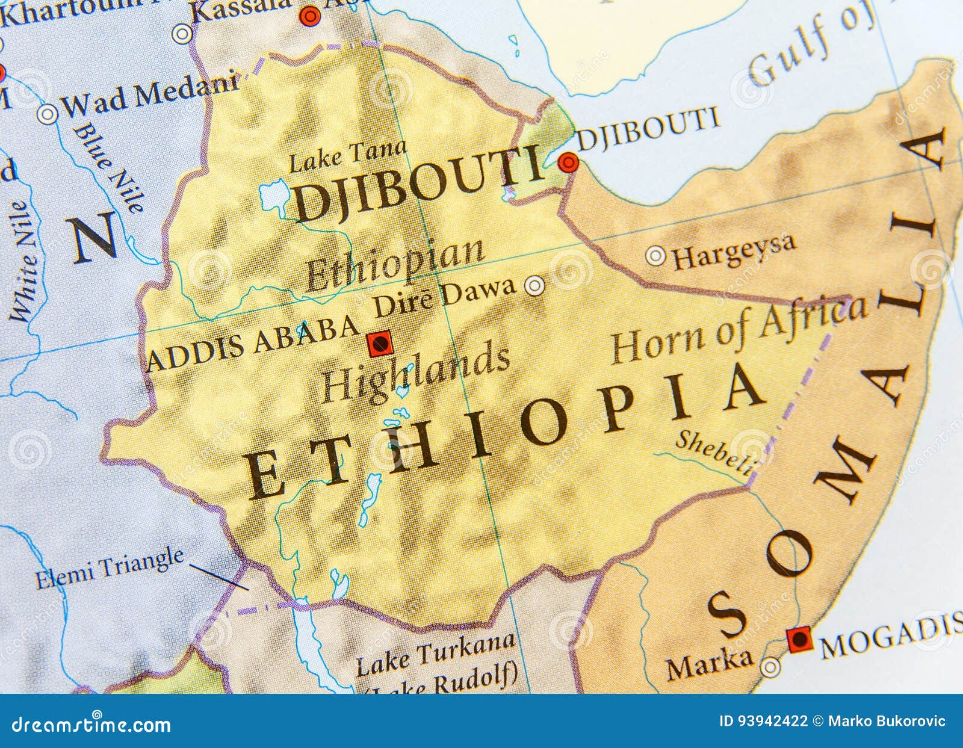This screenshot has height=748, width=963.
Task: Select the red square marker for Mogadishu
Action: pos(800,639)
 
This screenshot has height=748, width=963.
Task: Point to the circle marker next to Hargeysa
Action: pos(655,256)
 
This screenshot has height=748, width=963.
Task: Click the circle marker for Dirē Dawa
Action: pos(534,285)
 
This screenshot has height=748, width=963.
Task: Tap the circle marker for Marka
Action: pos(769,667)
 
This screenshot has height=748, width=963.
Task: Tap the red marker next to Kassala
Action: pos(310,16)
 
